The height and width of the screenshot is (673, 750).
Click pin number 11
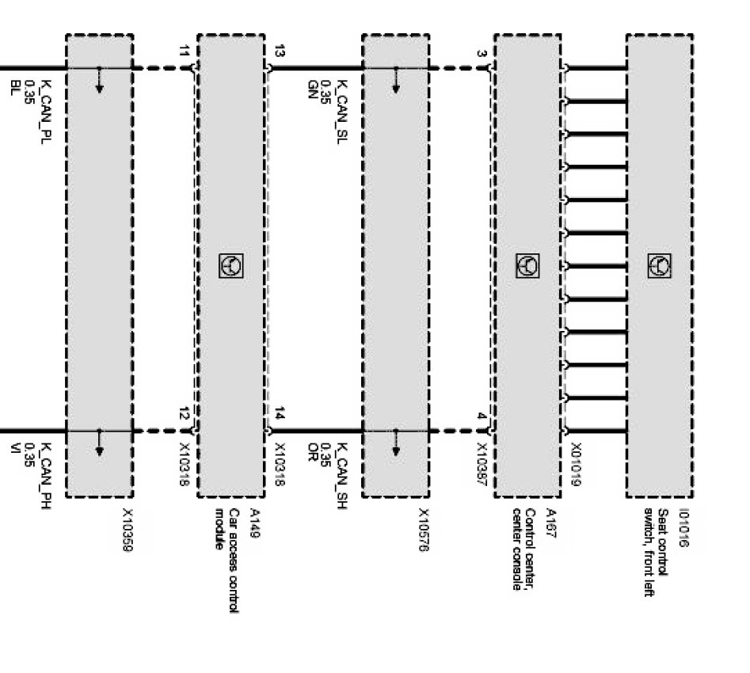point(185,52)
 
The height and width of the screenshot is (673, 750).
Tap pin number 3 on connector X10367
point(482,54)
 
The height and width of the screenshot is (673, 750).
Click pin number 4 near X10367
point(482,416)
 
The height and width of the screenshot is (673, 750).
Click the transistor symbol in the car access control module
point(230,266)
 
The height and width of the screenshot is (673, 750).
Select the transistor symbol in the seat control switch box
point(660,265)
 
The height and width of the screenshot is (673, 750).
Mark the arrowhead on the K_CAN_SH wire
point(395,451)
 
